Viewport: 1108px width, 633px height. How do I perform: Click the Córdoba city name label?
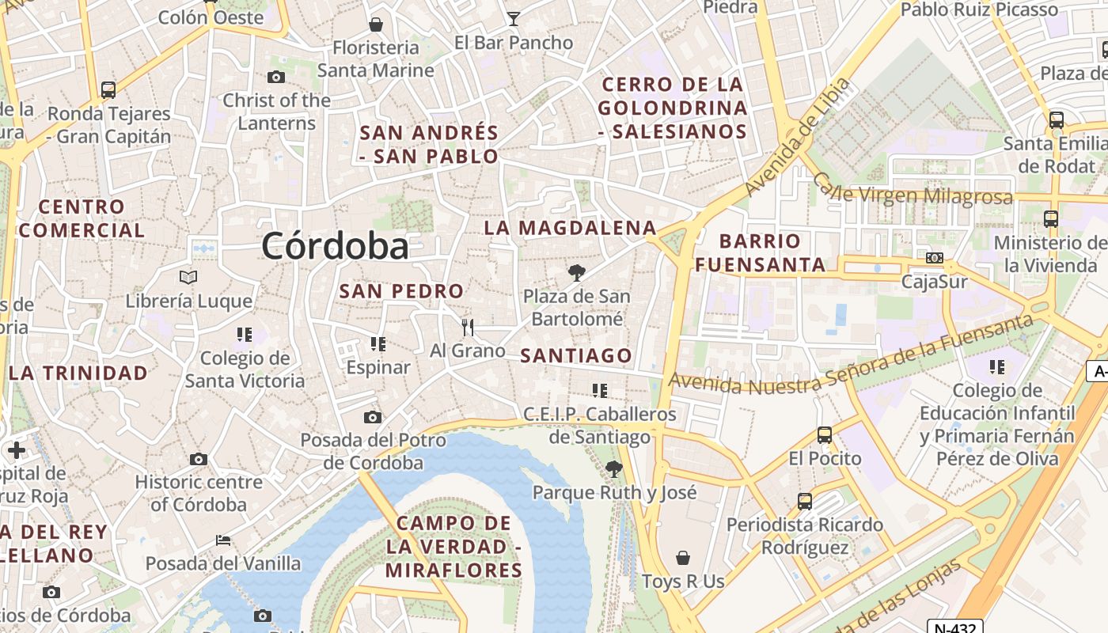click(335, 246)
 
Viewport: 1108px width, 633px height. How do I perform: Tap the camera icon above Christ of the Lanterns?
click(276, 77)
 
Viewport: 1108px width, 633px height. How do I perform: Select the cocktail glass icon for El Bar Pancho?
click(514, 18)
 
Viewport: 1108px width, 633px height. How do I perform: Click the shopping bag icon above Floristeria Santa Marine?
click(376, 24)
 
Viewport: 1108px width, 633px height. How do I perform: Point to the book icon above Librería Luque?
click(188, 277)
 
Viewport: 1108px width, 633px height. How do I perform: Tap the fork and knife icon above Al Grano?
click(468, 327)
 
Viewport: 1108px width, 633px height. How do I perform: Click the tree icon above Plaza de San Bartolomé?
click(577, 273)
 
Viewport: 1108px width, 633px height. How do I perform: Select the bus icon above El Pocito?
click(825, 434)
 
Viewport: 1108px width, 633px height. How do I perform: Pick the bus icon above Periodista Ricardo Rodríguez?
click(805, 501)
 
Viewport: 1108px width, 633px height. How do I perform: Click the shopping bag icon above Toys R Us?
click(683, 558)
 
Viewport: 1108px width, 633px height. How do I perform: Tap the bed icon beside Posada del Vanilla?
click(223, 540)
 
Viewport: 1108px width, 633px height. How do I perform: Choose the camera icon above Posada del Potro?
click(373, 417)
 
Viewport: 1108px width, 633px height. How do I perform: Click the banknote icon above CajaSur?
click(935, 258)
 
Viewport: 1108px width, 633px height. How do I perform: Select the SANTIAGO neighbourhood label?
click(576, 356)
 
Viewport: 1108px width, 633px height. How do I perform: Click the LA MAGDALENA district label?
click(570, 228)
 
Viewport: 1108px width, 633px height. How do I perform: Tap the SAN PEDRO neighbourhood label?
click(401, 290)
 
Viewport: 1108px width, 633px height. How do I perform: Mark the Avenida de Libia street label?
click(797, 137)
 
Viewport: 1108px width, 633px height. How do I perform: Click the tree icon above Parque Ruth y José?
click(613, 469)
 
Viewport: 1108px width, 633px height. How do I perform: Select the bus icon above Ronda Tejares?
click(108, 90)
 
